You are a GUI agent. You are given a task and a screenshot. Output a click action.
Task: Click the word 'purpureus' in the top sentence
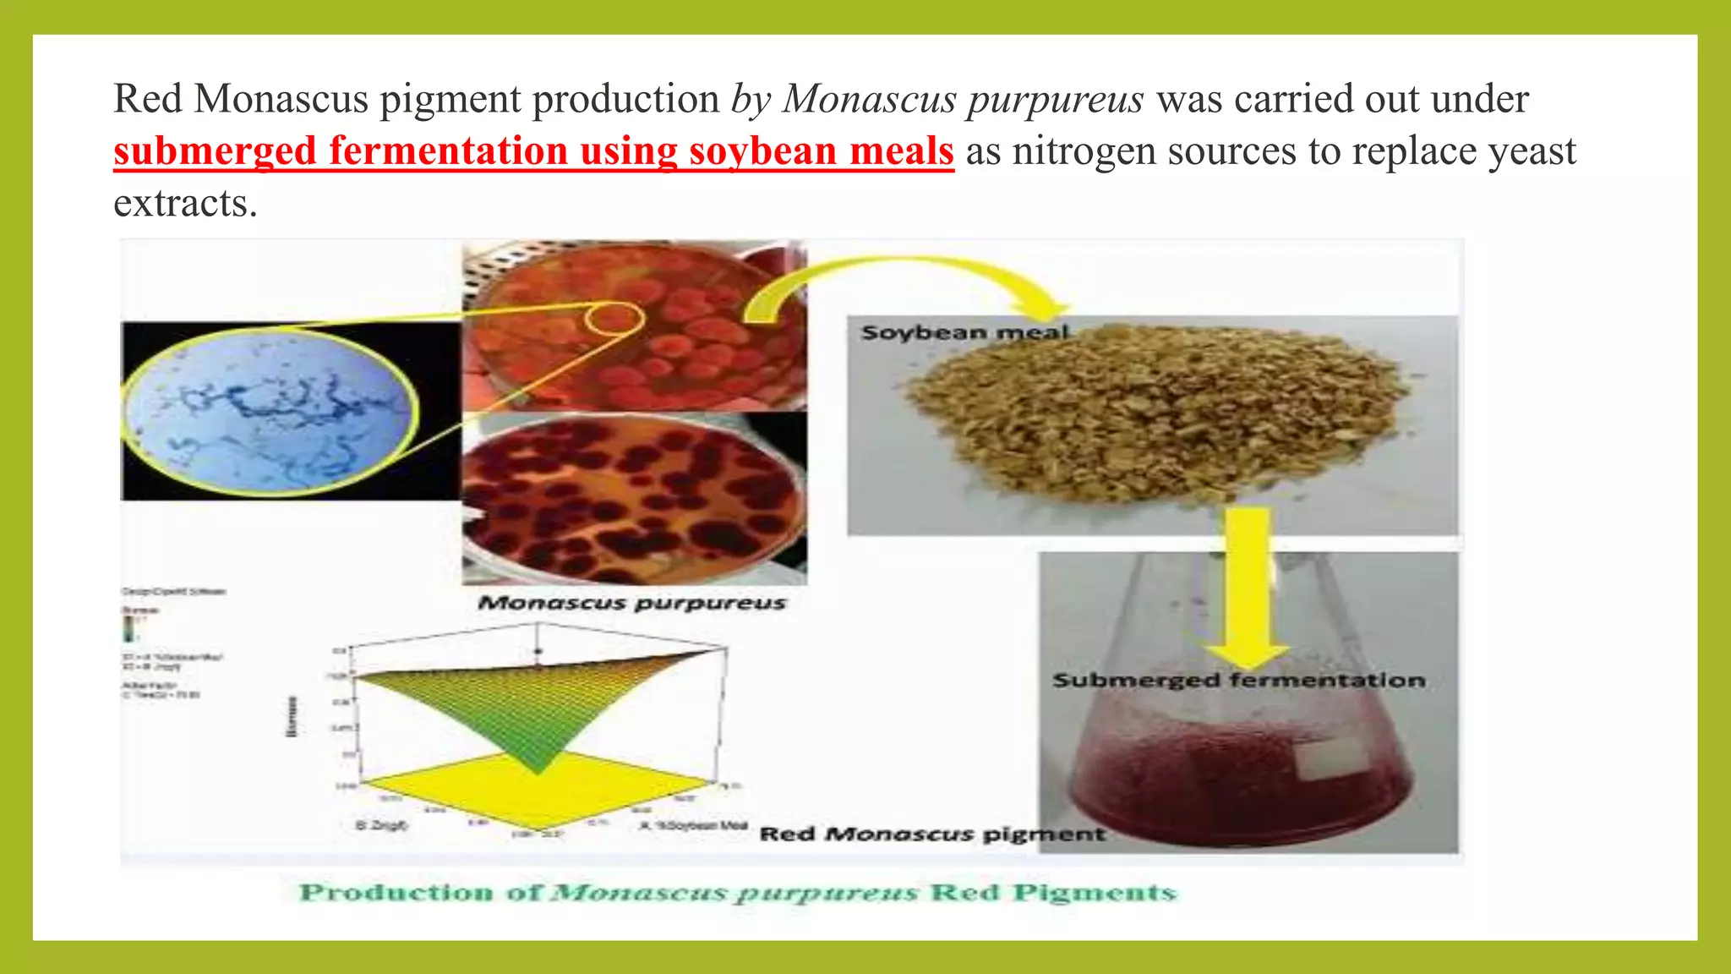1056,100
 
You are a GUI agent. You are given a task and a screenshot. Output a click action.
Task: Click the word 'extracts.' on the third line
185,204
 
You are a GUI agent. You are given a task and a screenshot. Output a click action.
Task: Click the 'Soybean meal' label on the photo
964,332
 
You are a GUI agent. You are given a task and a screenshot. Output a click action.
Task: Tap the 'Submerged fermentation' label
1238,681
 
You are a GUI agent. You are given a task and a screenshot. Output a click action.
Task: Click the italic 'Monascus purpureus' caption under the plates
631,603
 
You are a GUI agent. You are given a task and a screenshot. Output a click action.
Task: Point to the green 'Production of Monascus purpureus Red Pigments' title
738,893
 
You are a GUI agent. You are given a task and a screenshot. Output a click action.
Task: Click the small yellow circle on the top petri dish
614,320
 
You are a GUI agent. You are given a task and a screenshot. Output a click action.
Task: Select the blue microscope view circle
271,411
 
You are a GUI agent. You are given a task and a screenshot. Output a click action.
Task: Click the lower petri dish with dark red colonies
634,499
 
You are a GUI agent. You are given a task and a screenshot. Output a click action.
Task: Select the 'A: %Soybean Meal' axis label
693,825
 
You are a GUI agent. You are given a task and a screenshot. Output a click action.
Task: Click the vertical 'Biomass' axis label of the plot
292,716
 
